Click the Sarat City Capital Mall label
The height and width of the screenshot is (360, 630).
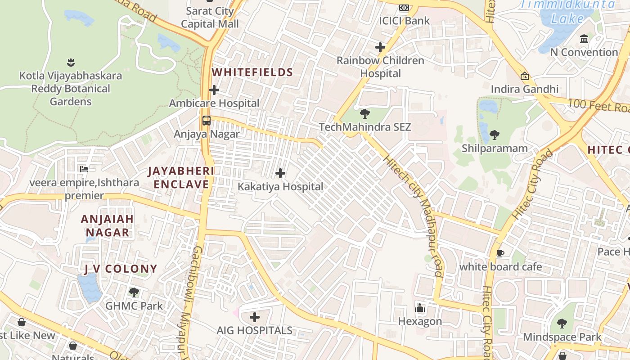[x=210, y=17]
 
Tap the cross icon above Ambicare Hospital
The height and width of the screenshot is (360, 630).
[x=214, y=90]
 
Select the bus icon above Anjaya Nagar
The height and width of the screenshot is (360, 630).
[x=207, y=121]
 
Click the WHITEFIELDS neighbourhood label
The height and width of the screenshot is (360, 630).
[x=252, y=72]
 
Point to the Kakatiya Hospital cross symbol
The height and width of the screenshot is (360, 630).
[x=280, y=173]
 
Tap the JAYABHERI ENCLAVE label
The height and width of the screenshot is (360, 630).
[x=181, y=178]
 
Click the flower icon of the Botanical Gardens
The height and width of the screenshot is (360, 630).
[x=70, y=62]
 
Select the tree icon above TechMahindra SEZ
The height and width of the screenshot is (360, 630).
[x=365, y=114]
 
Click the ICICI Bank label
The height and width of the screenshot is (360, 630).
[x=404, y=21]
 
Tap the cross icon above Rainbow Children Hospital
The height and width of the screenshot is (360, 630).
[x=380, y=47]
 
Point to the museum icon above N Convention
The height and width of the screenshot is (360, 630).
[x=584, y=39]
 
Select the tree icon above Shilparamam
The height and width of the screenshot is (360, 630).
[x=494, y=135]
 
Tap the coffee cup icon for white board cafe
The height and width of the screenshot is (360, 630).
[x=500, y=253]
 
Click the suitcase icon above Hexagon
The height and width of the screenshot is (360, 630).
[x=420, y=308]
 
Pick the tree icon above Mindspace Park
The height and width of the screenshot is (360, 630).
[x=562, y=323]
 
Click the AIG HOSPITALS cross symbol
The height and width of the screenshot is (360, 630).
[x=255, y=317]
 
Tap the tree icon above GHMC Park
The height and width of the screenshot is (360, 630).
[x=134, y=292]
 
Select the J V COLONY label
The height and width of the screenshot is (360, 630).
[x=121, y=269]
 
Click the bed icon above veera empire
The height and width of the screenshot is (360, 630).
[x=84, y=169]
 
